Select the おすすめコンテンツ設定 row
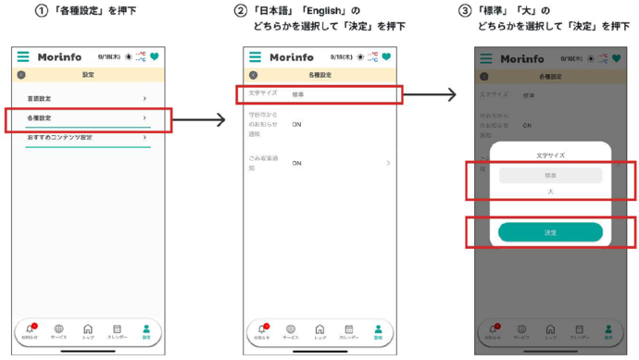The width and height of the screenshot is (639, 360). pyautogui.click(x=59, y=137)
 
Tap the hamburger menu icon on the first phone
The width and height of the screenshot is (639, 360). pyautogui.click(x=22, y=57)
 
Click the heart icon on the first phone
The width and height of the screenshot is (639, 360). pyautogui.click(x=154, y=57)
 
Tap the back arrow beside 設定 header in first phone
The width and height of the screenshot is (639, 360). pyautogui.click(x=21, y=74)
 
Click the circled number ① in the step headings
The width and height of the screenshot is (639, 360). pyautogui.click(x=40, y=10)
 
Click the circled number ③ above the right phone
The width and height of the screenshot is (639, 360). pyautogui.click(x=465, y=10)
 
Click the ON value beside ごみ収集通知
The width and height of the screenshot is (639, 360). pyautogui.click(x=296, y=163)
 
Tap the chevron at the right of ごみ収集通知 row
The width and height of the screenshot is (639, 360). pyautogui.click(x=387, y=163)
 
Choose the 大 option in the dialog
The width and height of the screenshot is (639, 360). pyautogui.click(x=550, y=192)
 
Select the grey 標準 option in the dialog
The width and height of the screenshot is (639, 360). pyautogui.click(x=550, y=175)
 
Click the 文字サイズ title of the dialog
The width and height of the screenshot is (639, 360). pyautogui.click(x=550, y=155)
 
